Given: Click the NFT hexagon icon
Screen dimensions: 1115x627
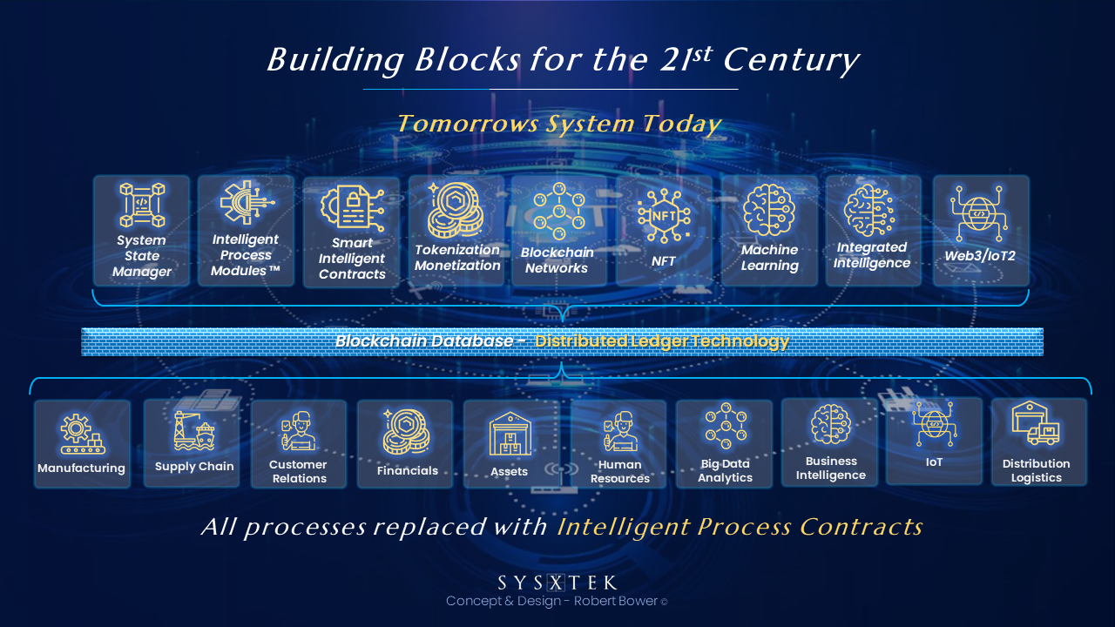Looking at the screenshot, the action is (x=664, y=216).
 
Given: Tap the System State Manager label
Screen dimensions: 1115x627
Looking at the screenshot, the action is (x=142, y=256).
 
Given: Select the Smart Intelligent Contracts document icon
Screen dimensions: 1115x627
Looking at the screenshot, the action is (x=352, y=208).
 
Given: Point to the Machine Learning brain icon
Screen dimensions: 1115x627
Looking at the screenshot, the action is (x=769, y=210).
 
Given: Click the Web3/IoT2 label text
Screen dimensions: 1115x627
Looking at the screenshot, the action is (x=980, y=256).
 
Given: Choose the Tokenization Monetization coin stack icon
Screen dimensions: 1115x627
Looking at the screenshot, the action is (x=455, y=210).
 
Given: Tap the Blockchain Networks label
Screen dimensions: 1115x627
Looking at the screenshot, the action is (x=557, y=260).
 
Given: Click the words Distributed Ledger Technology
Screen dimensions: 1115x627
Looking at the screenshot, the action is (x=662, y=341).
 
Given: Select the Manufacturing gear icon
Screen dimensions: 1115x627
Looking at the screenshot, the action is (x=82, y=434).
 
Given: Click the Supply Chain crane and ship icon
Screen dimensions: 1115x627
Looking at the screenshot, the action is (x=194, y=430).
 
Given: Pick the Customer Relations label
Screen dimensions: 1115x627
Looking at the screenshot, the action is (x=299, y=471).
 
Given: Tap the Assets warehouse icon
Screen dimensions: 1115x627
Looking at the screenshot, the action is (x=510, y=434).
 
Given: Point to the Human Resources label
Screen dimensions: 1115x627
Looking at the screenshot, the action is (x=619, y=471).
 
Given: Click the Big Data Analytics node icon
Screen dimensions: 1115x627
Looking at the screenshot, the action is (x=726, y=426).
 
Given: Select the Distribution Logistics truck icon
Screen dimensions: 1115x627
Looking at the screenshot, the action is (x=1036, y=424).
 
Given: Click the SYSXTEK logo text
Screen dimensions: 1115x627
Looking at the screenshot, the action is (x=557, y=583).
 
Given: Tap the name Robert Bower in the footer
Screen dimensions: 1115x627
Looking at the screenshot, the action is (x=615, y=601).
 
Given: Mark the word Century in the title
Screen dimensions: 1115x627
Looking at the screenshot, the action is (x=791, y=61).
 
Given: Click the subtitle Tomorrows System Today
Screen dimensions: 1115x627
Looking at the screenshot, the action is (x=559, y=124).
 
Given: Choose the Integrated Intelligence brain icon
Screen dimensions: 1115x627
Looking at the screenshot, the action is (x=869, y=210).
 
